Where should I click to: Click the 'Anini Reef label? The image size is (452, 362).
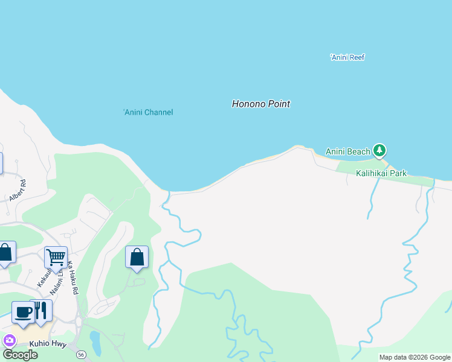pyautogui.click(x=347, y=57)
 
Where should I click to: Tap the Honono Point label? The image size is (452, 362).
pyautogui.click(x=260, y=104)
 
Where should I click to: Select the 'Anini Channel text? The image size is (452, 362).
pyautogui.click(x=148, y=112)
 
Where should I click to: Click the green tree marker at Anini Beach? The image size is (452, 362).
pyautogui.click(x=379, y=150)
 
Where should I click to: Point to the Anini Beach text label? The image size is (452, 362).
pyautogui.click(x=347, y=151)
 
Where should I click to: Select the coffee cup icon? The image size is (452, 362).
pyautogui.click(x=23, y=311)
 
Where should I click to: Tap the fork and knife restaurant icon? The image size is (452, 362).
pyautogui.click(x=41, y=310)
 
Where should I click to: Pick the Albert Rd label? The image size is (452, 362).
pyautogui.click(x=17, y=190)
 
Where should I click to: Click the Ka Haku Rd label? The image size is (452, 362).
pyautogui.click(x=73, y=278)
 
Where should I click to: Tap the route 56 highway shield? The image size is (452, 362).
pyautogui.click(x=81, y=354)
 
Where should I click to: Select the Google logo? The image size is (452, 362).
pyautogui.click(x=20, y=354)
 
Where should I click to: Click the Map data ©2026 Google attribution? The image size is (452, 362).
pyautogui.click(x=415, y=357)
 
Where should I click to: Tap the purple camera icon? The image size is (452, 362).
pyautogui.click(x=8, y=340)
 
